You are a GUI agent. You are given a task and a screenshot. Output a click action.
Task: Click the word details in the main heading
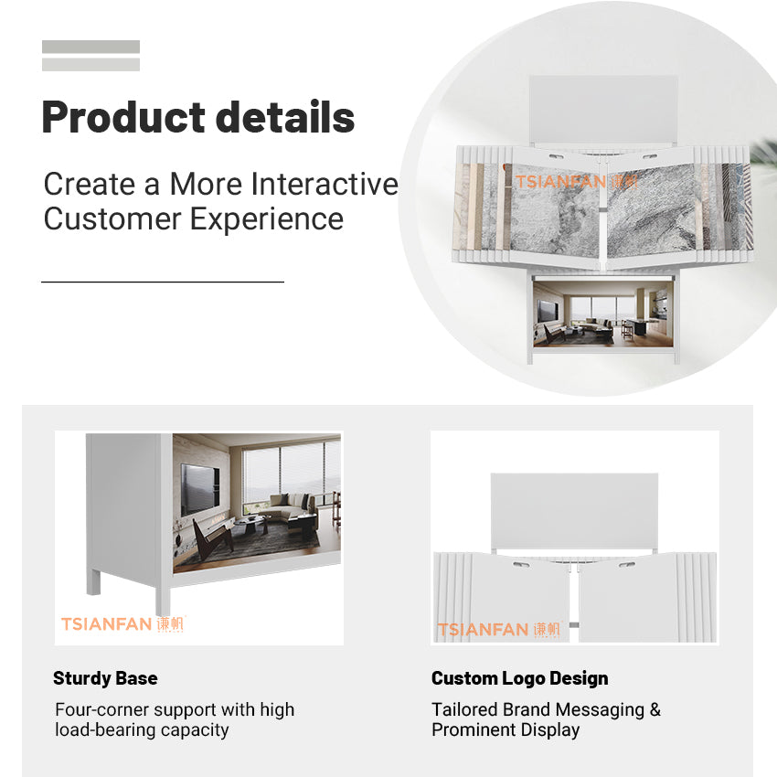(285, 116)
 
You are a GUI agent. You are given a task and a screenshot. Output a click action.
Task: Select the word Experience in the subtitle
(267, 219)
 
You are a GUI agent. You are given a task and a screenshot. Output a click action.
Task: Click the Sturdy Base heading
(105, 678)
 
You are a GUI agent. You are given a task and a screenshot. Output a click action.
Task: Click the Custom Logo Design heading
(520, 678)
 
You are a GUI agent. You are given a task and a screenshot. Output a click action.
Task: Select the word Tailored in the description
(464, 709)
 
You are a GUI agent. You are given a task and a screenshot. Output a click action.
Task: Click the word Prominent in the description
(474, 729)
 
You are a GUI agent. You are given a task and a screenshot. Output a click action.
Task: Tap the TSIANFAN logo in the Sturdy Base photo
(122, 623)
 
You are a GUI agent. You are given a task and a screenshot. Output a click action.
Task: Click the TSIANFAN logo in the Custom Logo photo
(498, 629)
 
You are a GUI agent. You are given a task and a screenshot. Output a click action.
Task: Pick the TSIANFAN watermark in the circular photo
(576, 182)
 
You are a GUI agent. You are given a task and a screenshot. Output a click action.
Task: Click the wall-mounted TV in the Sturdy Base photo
(199, 489)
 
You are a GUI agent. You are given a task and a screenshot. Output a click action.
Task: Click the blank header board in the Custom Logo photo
(574, 510)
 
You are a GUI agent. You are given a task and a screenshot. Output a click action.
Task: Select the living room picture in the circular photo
(603, 314)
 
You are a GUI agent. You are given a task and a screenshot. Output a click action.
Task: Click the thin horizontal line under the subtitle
(163, 282)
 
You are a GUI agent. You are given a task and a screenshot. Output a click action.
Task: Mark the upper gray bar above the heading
(90, 47)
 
